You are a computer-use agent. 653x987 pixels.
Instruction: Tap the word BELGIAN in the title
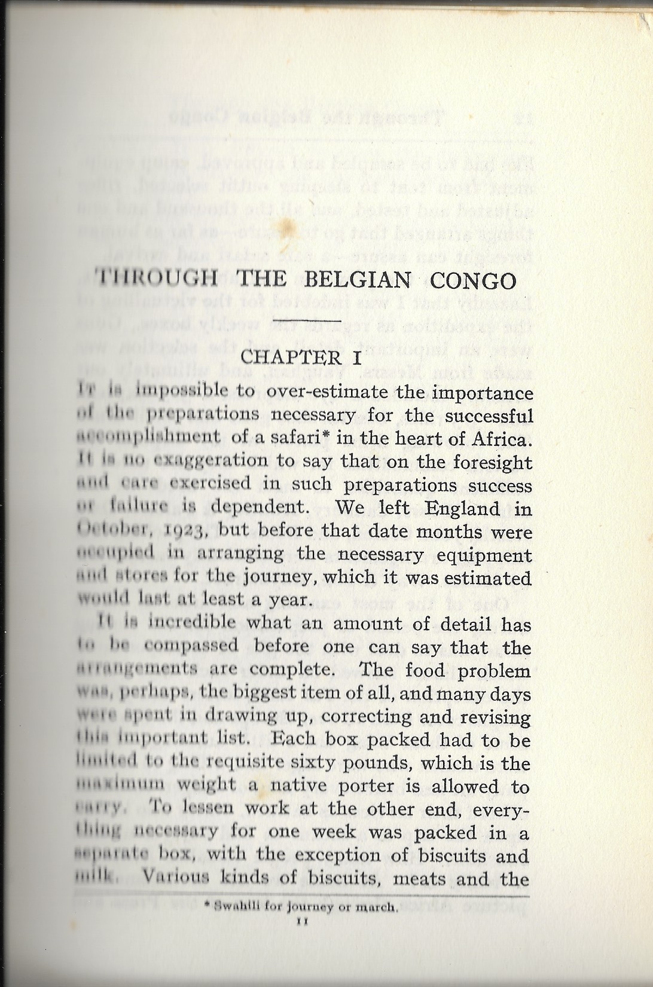tap(358, 280)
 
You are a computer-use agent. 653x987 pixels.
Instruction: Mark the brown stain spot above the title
tap(285, 225)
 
